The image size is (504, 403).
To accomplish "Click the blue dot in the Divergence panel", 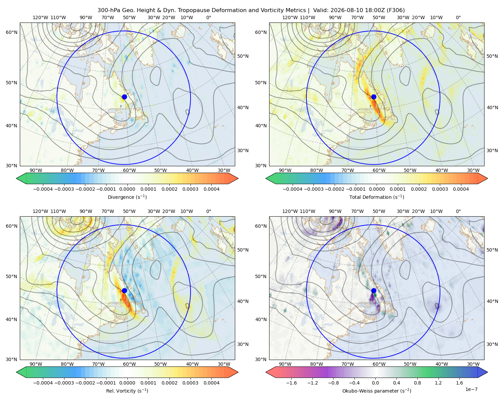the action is (x=124, y=97).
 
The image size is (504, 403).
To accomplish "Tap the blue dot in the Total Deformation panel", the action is (x=374, y=97).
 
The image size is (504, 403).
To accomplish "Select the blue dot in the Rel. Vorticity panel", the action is (x=124, y=290).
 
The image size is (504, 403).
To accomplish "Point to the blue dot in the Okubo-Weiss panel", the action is (x=374, y=290).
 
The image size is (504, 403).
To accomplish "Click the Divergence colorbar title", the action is (x=127, y=197).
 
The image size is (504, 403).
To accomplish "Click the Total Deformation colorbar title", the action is (x=377, y=197).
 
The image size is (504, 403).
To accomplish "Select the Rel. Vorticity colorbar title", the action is (x=127, y=391).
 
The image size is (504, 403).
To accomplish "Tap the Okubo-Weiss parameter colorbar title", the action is (x=377, y=391).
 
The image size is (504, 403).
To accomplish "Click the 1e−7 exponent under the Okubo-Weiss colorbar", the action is (x=471, y=389).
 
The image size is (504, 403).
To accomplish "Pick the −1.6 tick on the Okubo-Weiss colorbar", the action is (x=291, y=383).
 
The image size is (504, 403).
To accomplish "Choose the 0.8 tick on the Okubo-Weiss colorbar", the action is (x=417, y=383).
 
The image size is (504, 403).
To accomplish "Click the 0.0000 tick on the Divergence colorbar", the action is (x=127, y=189).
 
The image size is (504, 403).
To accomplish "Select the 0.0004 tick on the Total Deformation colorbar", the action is (x=461, y=189).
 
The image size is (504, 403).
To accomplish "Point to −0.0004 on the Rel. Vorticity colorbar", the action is (x=43, y=383).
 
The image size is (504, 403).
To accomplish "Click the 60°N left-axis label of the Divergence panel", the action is (x=11, y=32).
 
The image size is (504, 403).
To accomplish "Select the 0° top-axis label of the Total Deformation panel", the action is (x=458, y=17).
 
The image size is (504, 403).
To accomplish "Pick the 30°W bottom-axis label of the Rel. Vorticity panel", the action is (x=224, y=364).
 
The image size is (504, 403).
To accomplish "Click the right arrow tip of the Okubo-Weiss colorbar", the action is (x=488, y=372).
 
